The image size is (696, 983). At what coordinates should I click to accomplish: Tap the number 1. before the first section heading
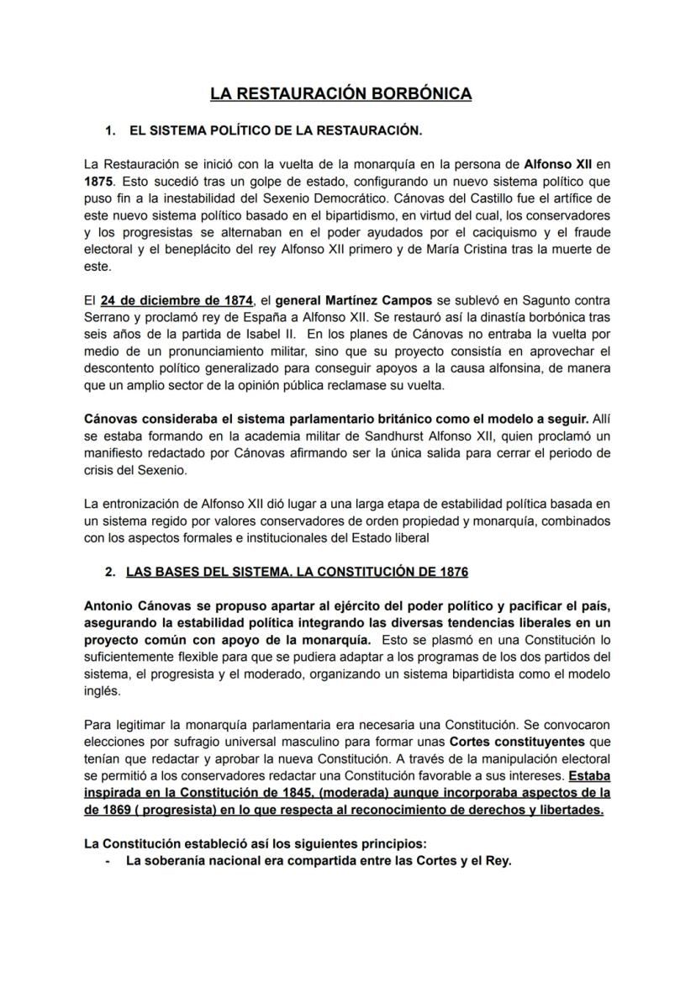pyautogui.click(x=110, y=130)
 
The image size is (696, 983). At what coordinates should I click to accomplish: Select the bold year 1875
pyautogui.click(x=100, y=180)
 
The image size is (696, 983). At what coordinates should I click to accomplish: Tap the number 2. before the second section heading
pyautogui.click(x=110, y=572)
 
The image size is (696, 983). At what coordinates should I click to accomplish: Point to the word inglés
pyautogui.click(x=103, y=691)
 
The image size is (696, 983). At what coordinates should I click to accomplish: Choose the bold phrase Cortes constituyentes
pyautogui.click(x=503, y=743)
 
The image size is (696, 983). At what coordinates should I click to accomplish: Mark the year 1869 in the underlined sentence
pyautogui.click(x=121, y=810)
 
